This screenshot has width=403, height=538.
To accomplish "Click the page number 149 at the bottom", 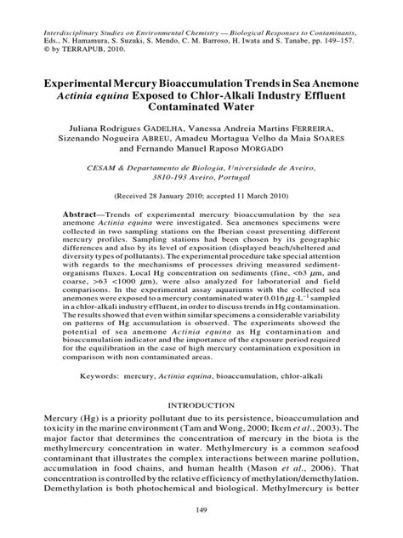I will click(201, 510).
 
